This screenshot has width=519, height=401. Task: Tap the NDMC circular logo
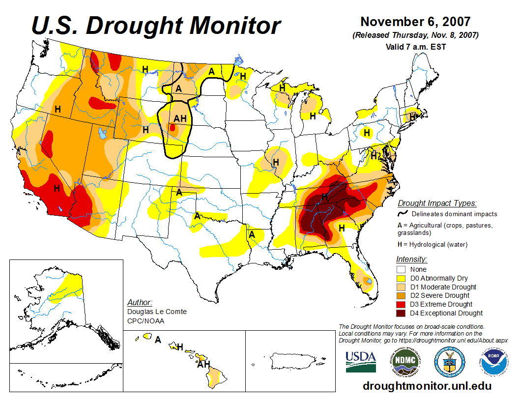point(405,361)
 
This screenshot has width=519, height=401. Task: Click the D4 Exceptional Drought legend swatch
point(401,313)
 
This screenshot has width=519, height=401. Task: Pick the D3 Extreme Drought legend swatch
point(401,304)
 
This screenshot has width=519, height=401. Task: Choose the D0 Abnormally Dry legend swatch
point(401,278)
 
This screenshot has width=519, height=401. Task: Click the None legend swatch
point(401,269)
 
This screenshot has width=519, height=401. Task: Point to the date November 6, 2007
point(415,22)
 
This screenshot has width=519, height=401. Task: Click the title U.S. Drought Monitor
point(156,26)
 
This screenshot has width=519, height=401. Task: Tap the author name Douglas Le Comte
point(157,312)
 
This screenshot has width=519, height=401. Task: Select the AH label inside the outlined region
point(180,118)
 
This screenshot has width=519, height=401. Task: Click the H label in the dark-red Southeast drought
point(324,197)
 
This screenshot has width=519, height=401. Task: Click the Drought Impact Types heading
point(437,203)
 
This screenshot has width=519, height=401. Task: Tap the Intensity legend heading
point(411,259)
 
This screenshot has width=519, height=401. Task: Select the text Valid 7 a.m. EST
point(415,47)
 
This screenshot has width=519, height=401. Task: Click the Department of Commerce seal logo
point(450,361)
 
